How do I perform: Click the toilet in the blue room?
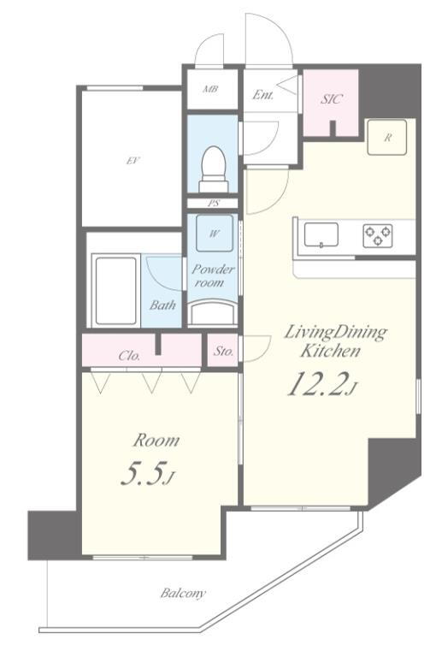(215, 169)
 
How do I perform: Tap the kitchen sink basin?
(321, 235)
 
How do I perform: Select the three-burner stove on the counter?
(378, 235)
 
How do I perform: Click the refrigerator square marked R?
(387, 137)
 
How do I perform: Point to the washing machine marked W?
(215, 234)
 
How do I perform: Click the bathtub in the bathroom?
(116, 290)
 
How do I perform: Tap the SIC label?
(332, 99)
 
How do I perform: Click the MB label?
(210, 89)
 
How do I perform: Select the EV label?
(133, 160)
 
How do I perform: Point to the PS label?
(214, 204)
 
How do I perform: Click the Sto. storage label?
(223, 351)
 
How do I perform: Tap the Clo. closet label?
(129, 356)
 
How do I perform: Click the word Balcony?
(183, 594)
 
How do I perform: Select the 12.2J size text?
(321, 385)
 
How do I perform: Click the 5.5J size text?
(146, 473)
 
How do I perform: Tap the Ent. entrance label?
(262, 95)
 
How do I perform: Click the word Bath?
(162, 305)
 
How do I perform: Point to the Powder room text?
(213, 275)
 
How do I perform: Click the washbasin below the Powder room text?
(213, 312)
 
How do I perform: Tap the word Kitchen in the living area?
(330, 351)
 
